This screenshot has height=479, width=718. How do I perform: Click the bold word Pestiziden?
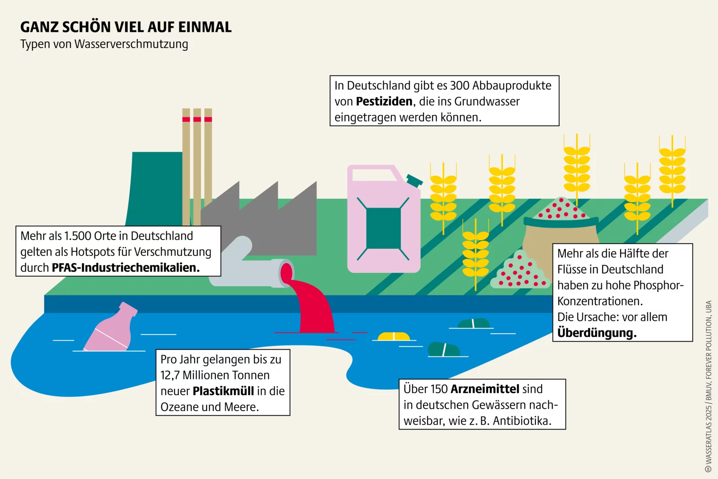pyautogui.click(x=384, y=101)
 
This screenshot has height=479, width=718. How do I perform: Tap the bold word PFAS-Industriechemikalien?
pyautogui.click(x=126, y=268)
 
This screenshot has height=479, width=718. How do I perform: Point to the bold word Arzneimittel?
pyautogui.click(x=485, y=389)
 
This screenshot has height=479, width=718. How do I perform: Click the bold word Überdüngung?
pyautogui.click(x=596, y=333)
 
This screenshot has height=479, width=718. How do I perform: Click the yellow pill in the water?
pyautogui.click(x=394, y=337)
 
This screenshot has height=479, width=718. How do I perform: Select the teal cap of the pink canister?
pyautogui.click(x=415, y=180)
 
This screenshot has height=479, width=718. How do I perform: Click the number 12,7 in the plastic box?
pyautogui.click(x=170, y=376)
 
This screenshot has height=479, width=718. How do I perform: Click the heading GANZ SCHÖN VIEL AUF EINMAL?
pyautogui.click(x=126, y=27)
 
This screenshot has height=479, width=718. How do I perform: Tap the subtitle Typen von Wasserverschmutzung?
pyautogui.click(x=104, y=44)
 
